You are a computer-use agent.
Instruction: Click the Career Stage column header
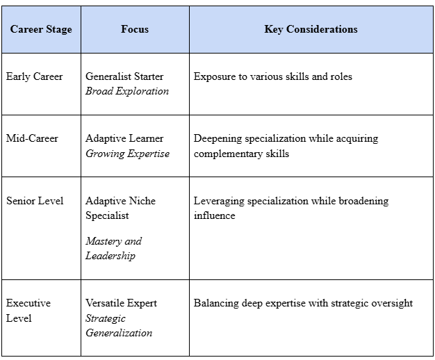(41, 29)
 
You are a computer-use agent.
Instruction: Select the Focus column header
(135, 29)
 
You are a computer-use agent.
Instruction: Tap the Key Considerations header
(311, 29)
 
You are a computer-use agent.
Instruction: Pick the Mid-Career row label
(32, 138)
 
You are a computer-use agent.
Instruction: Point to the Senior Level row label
(35, 201)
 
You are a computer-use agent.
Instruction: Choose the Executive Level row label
(28, 311)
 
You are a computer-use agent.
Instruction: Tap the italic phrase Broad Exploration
(127, 91)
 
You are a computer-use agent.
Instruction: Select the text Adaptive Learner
(124, 138)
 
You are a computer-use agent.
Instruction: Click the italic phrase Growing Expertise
(127, 154)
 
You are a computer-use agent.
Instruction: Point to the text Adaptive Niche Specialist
(120, 208)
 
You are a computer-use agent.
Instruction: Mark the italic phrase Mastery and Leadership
(113, 248)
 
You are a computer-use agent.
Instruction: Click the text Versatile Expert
(121, 303)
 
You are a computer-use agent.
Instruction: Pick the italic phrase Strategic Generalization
(119, 325)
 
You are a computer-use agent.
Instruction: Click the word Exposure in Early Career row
(215, 76)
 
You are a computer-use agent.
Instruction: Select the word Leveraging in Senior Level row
(220, 201)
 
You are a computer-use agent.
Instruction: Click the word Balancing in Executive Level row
(217, 303)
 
